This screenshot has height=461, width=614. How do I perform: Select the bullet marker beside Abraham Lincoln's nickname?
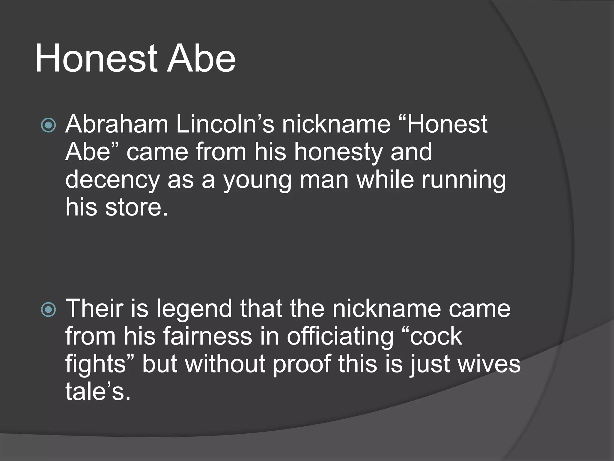point(48,125)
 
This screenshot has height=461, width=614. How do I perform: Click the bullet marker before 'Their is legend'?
point(48,309)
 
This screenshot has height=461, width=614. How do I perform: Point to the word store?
point(136,208)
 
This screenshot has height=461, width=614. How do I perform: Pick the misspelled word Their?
point(95,309)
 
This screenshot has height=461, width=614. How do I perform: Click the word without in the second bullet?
point(225,364)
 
